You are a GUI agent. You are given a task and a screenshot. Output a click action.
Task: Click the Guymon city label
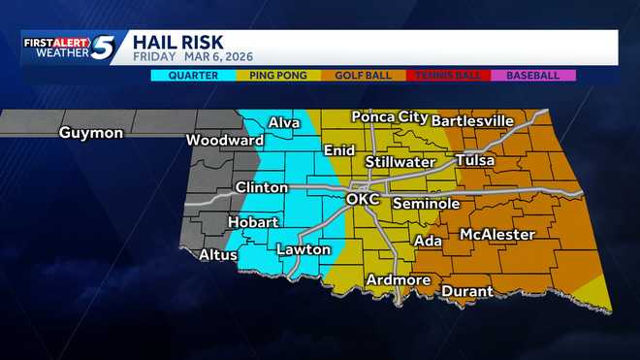pos(90,133)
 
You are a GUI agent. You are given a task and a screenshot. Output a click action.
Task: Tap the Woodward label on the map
pos(225,140)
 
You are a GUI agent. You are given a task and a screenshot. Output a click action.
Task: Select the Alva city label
pos(284,122)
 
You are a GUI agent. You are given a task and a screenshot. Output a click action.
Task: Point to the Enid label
pos(339,150)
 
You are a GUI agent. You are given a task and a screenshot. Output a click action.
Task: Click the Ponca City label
pos(388,117)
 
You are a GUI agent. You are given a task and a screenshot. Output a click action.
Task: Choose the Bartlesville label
pos(472,120)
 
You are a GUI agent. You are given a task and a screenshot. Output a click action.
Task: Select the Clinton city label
pos(261,187)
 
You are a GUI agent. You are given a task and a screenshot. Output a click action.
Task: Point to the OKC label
pos(363,199)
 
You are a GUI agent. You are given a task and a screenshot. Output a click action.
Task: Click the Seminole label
pos(426,204)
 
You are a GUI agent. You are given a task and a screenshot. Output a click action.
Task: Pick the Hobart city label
pos(253,222)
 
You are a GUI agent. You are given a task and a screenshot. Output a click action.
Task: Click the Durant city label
pos(467,291)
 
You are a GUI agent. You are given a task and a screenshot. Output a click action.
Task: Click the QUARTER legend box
pos(192,75)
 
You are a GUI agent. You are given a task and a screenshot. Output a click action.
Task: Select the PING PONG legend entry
pos(277,75)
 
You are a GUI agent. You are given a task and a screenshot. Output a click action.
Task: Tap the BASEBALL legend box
pos(533,75)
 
